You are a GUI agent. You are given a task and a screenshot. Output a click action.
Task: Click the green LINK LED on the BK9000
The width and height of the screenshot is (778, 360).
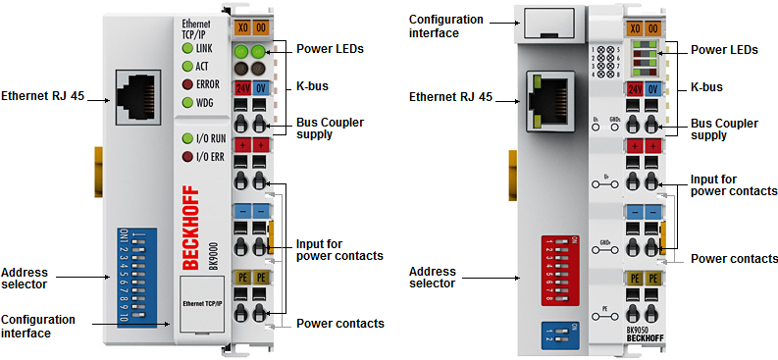pyautogui.click(x=186, y=48)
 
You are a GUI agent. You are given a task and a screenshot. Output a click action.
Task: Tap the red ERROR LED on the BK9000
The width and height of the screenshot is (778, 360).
pyautogui.click(x=186, y=83)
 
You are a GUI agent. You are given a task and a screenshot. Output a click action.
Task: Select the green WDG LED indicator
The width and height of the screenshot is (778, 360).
pyautogui.click(x=186, y=101)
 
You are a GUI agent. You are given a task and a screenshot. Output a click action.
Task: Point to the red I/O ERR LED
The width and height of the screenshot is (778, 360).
pyautogui.click(x=186, y=155)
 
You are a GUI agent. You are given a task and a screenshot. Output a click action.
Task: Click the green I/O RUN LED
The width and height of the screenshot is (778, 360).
pyautogui.click(x=186, y=138)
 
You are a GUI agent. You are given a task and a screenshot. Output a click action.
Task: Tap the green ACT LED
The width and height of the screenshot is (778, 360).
pyautogui.click(x=186, y=66)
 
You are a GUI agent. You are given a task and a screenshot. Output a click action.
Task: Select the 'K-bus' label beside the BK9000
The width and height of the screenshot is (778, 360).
pyautogui.click(x=312, y=86)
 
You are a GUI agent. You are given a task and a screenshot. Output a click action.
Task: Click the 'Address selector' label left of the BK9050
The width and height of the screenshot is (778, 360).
pyautogui.click(x=432, y=276)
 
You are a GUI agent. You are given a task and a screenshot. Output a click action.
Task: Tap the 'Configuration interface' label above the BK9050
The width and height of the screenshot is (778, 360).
pyautogui.click(x=445, y=26)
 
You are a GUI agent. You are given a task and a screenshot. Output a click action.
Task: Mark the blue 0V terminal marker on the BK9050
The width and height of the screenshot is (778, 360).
pyautogui.click(x=653, y=89)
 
